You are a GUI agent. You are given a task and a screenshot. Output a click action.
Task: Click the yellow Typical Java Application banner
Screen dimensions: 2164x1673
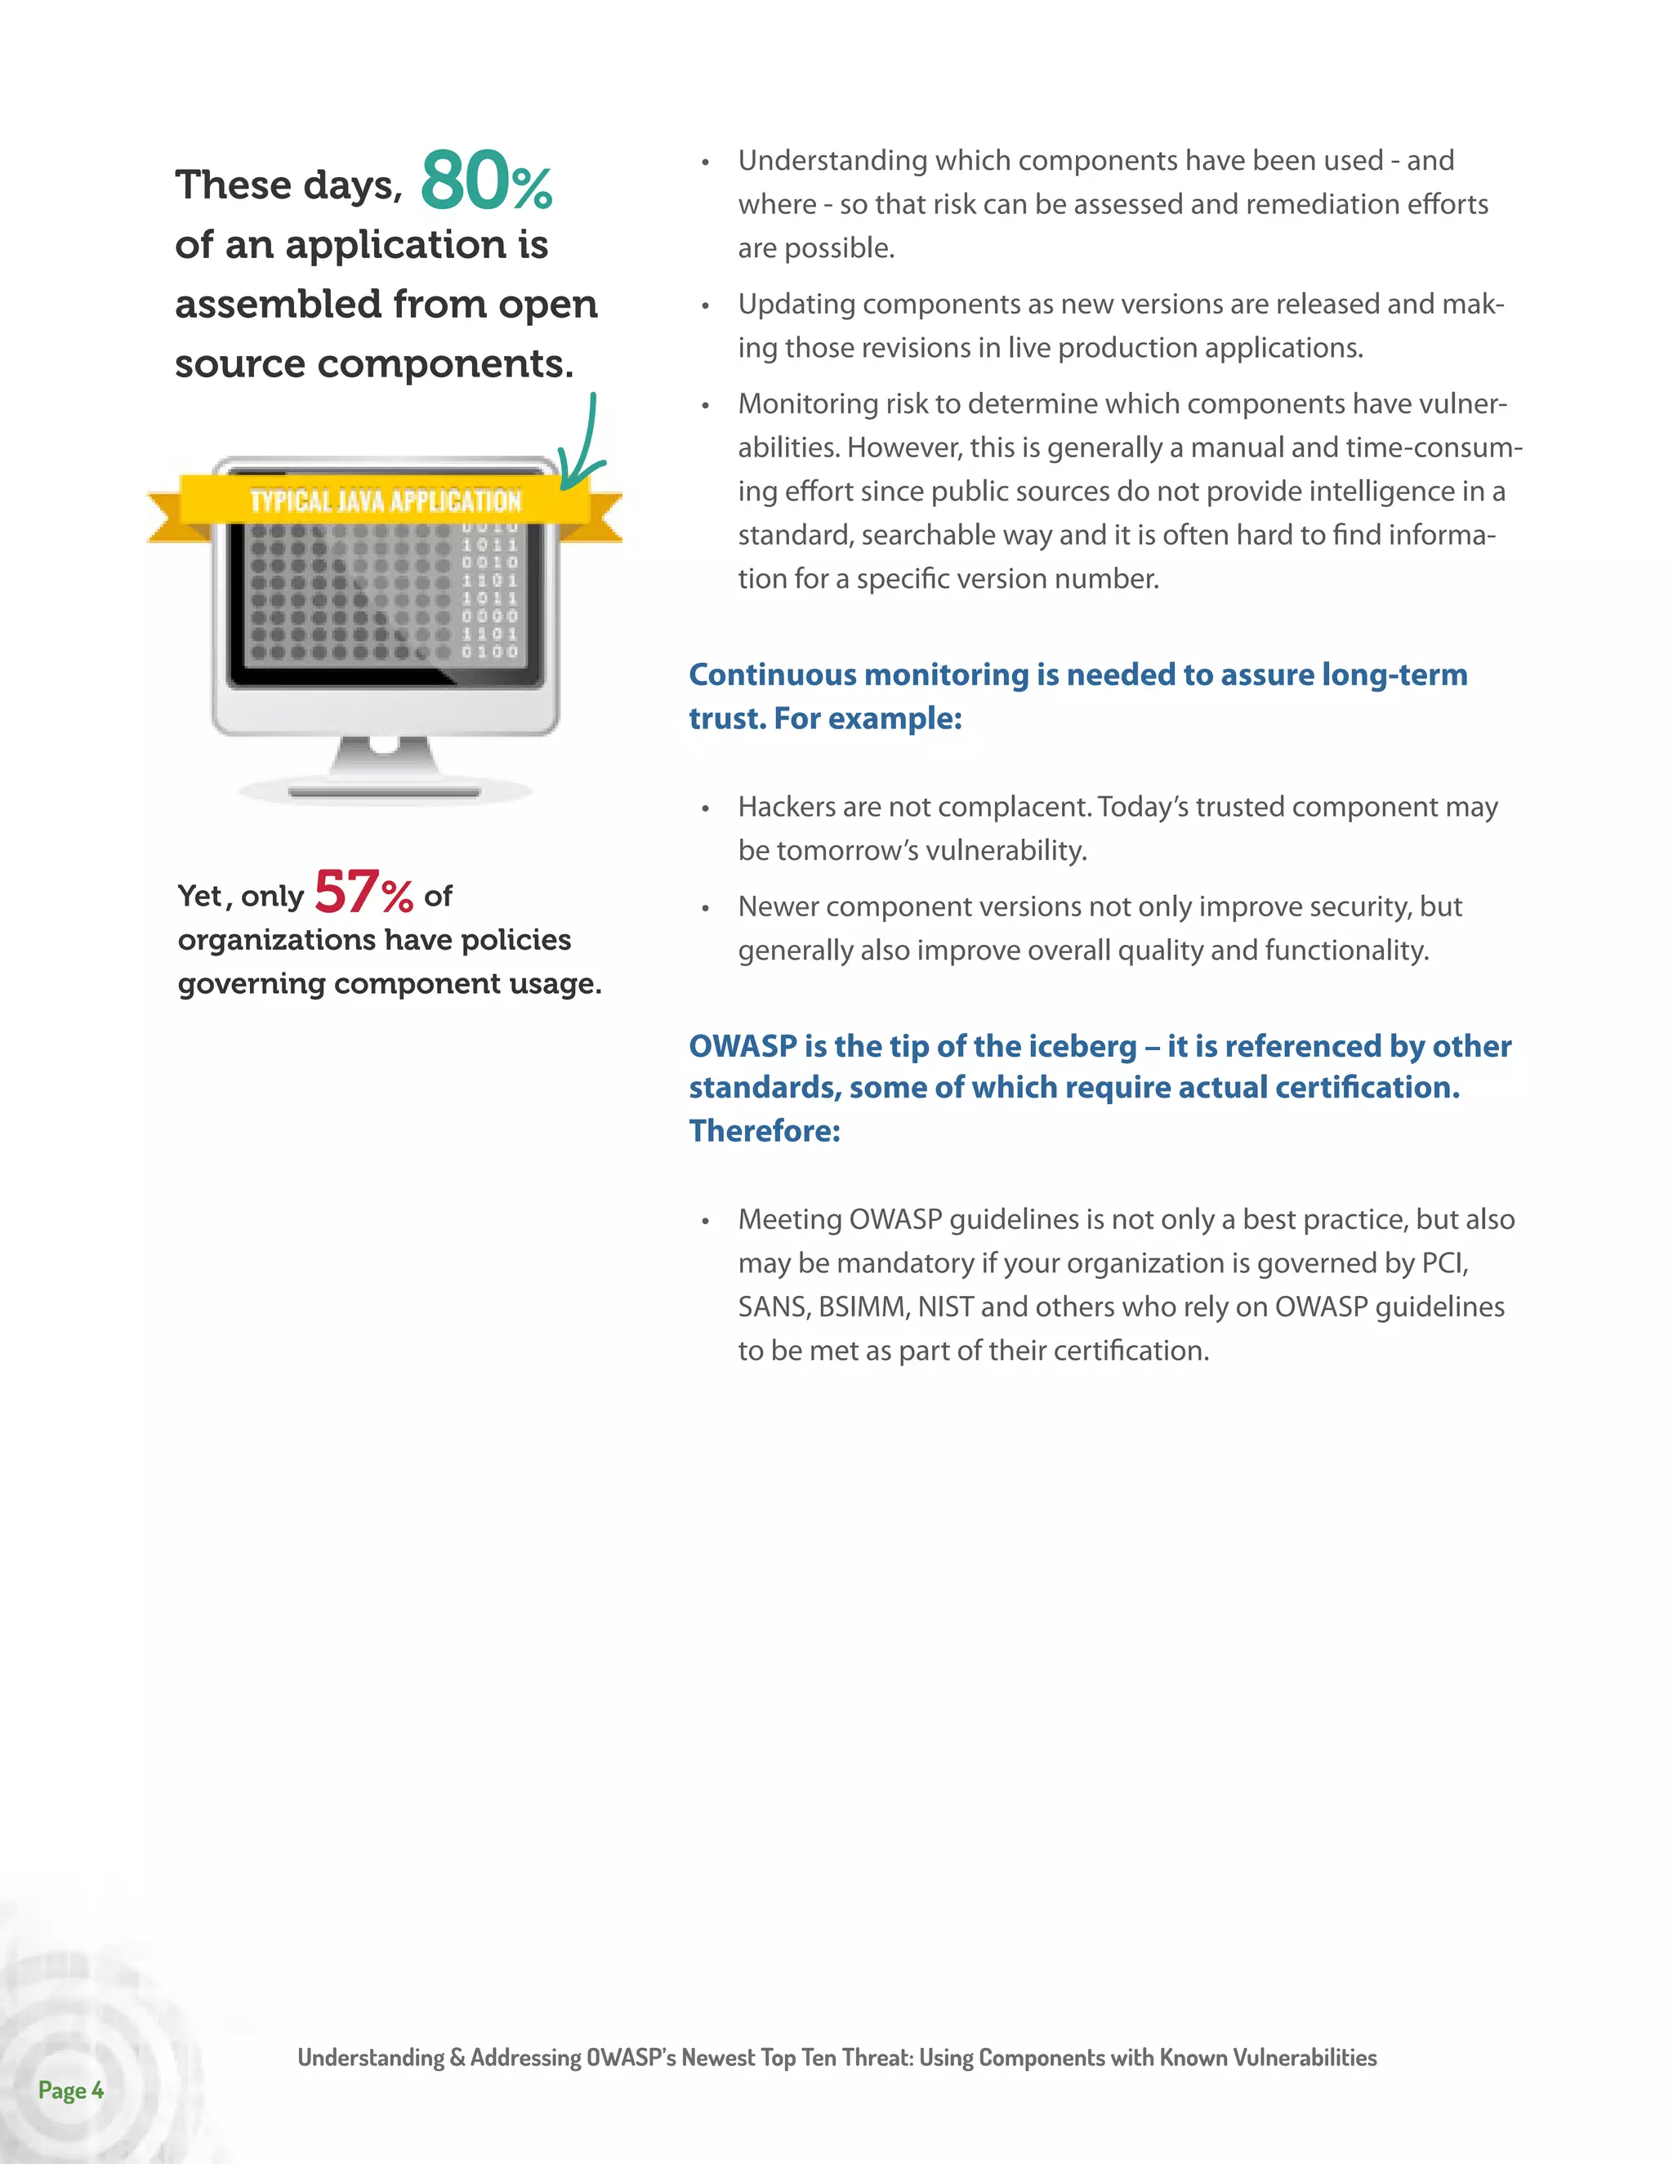(x=385, y=501)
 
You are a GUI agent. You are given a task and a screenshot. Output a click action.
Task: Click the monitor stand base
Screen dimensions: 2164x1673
(x=385, y=790)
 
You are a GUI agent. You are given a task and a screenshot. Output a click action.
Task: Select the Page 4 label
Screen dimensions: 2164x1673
(x=70, y=2090)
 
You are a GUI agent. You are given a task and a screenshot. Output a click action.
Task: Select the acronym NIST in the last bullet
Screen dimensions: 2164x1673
(x=945, y=1307)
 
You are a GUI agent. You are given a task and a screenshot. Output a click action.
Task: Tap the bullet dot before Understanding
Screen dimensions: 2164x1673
(x=705, y=163)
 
